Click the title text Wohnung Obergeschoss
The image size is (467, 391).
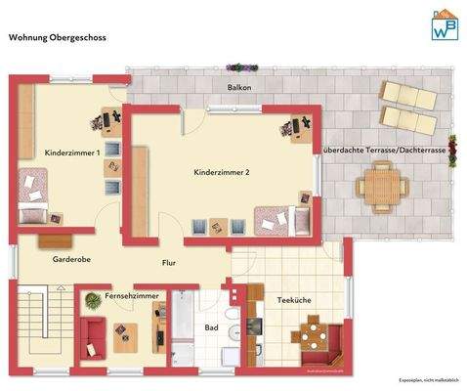tap(57, 39)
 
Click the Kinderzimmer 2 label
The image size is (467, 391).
tap(222, 172)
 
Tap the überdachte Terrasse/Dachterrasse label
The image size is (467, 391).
tap(384, 152)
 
